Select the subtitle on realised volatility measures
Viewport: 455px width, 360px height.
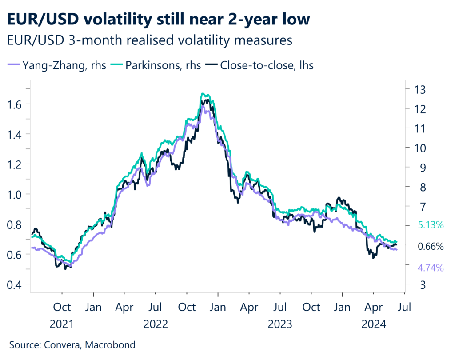click(x=149, y=40)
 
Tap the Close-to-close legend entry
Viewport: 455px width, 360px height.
click(x=261, y=65)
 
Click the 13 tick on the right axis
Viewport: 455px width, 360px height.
click(x=420, y=89)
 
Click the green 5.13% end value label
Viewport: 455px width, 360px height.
click(x=430, y=225)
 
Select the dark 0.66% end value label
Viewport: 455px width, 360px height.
click(x=430, y=246)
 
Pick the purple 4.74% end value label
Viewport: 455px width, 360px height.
click(x=430, y=268)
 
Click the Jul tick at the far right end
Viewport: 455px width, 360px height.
click(x=404, y=307)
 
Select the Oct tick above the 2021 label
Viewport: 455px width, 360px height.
click(x=63, y=307)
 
